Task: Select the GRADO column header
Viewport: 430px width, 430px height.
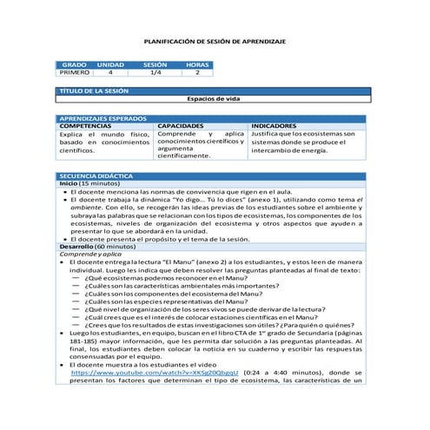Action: point(74,65)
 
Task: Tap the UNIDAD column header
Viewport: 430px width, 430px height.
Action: point(110,65)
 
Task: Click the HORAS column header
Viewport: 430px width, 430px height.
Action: point(197,65)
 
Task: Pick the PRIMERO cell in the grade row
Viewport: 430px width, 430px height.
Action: point(74,73)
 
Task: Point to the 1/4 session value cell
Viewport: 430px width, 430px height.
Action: point(155,73)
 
